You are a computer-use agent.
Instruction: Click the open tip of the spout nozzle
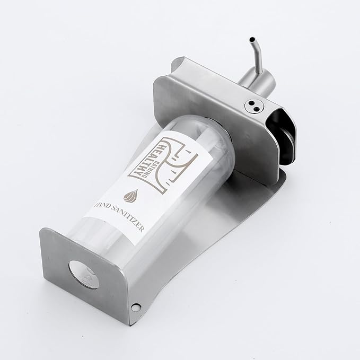tap(252, 39)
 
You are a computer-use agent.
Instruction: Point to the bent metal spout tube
tap(258, 55)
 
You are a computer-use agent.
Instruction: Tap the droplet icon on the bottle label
tap(131, 196)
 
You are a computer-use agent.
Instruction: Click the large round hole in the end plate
tap(84, 275)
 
